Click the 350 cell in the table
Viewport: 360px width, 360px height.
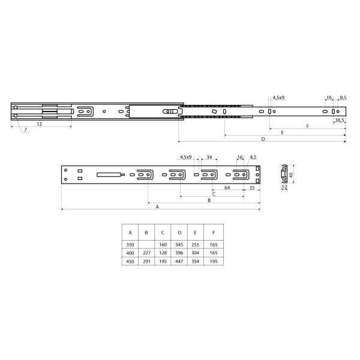point(130,245)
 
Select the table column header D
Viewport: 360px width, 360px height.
point(179,232)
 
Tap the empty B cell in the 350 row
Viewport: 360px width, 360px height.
point(146,245)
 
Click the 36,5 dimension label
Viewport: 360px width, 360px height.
point(339,120)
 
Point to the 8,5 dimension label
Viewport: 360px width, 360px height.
point(343,97)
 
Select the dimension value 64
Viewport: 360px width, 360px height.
point(227,187)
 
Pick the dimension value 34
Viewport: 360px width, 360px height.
point(209,157)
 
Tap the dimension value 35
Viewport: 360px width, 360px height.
point(251,187)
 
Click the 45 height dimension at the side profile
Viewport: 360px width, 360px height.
point(292,175)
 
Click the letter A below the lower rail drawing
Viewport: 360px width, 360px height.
point(157,206)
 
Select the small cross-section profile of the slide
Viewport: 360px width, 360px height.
point(282,176)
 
